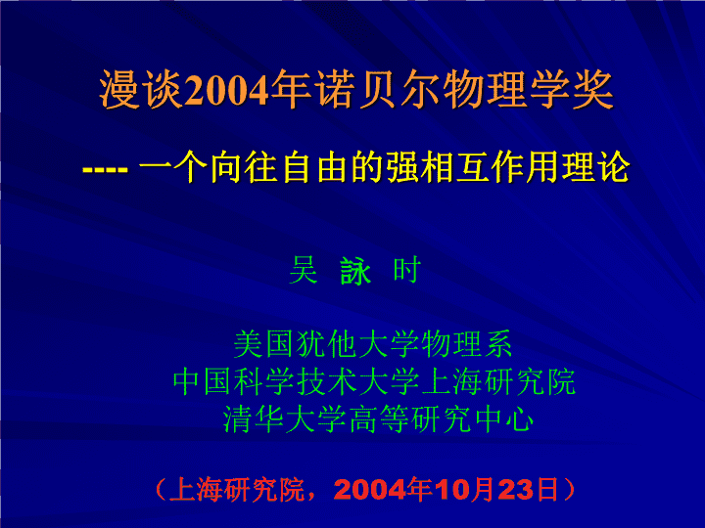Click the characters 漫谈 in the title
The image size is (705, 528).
click(141, 89)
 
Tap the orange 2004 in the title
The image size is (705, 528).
click(226, 91)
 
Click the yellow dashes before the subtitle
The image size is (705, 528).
click(105, 170)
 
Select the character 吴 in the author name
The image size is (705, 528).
click(304, 270)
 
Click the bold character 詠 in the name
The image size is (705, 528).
click(355, 271)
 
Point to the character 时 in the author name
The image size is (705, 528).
click(407, 270)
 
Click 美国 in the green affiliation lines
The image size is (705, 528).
click(264, 344)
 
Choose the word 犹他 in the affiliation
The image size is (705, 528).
click(327, 344)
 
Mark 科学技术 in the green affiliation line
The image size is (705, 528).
click(296, 381)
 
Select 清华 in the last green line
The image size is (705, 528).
click(254, 418)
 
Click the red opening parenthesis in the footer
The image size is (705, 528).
click(161, 490)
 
